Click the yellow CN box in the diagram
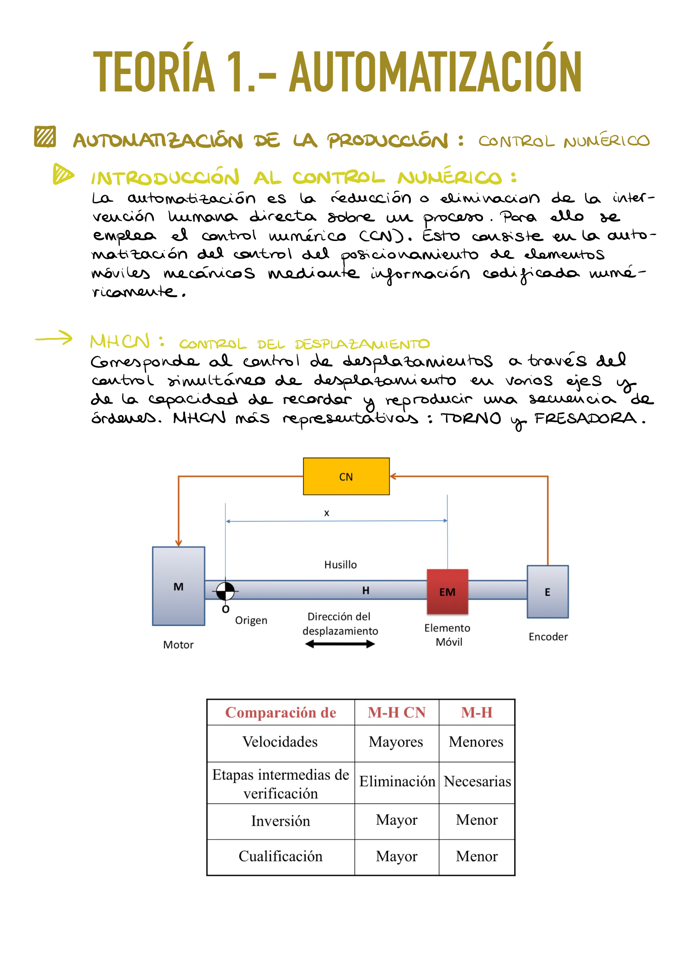click(x=346, y=476)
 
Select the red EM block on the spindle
click(x=447, y=592)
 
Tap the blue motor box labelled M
click(x=179, y=586)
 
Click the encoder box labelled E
click(x=547, y=592)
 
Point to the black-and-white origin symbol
click(x=225, y=591)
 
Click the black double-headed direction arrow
click(x=340, y=644)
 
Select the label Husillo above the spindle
click(x=340, y=565)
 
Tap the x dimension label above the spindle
click(x=327, y=513)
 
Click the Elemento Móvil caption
click(x=447, y=635)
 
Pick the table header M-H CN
click(x=397, y=712)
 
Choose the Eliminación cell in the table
click(x=397, y=781)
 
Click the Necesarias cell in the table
click(x=477, y=781)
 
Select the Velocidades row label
click(x=280, y=741)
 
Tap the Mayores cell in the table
click(x=396, y=742)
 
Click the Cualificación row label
click(x=281, y=856)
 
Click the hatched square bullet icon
click(x=45, y=136)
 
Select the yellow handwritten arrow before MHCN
click(x=54, y=338)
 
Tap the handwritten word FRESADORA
click(x=585, y=418)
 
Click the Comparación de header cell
click(x=281, y=712)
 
